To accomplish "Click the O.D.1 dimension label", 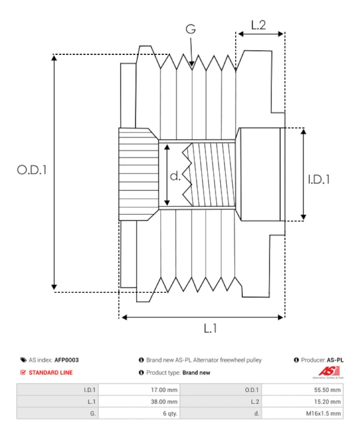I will coord(32,170).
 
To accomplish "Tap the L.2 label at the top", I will coord(258,25).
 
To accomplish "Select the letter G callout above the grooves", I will coord(191,29).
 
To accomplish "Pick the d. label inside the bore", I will coord(175,176).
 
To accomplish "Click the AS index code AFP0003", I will coord(67,360).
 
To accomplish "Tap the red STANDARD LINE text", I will coord(51,372).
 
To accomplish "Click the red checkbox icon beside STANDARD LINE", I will coord(23,372).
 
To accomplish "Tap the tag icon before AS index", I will coord(23,360).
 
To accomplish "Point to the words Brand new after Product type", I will coord(196,372).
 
